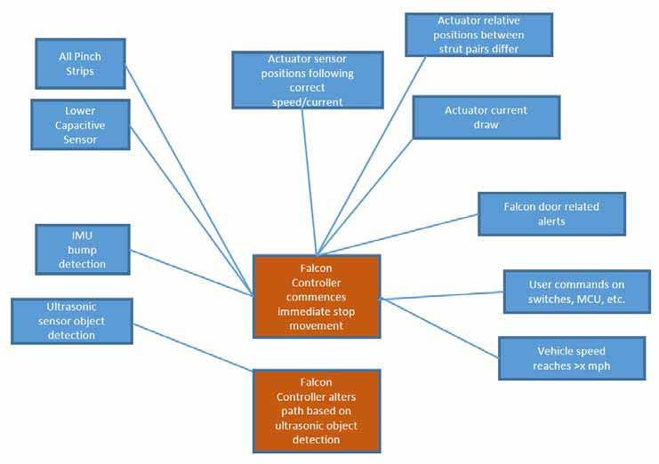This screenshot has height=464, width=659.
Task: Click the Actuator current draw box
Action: (486, 117)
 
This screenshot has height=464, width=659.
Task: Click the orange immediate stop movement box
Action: (317, 297)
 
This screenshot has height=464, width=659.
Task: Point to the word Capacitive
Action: (81, 126)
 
